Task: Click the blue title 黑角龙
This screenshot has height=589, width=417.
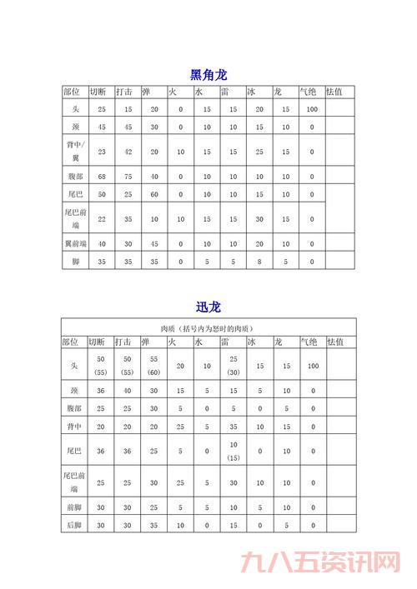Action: coord(208,75)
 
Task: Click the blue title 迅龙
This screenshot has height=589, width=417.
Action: coord(208,307)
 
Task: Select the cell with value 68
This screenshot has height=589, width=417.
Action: coord(101,177)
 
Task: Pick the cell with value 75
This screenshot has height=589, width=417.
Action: coord(128,177)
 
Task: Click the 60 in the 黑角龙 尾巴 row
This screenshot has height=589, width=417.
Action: coord(154,194)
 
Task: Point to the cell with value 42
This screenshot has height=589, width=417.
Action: coord(128,152)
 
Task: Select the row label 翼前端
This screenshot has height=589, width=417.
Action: coord(73,243)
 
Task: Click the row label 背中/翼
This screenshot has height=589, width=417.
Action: coord(73,151)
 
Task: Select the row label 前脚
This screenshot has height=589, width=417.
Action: coord(73,507)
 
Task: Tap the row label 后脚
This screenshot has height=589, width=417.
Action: coord(73,526)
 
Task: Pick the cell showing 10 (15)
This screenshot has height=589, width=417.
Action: coord(234,451)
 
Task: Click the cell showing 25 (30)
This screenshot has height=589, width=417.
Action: coord(234,365)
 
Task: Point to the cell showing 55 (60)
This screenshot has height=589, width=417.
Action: coord(154,365)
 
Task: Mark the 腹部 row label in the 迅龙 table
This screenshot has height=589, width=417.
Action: coord(73,408)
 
